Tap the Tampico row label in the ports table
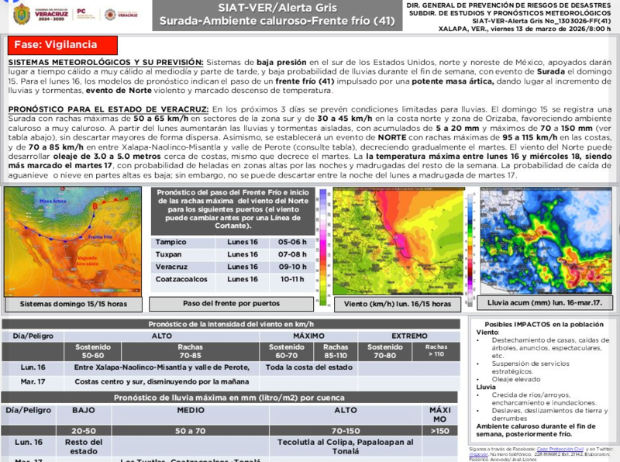pos(170,241)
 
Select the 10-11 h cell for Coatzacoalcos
pos(270,278)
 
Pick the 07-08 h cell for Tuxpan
pos(270,253)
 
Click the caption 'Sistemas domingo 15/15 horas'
pos(74,304)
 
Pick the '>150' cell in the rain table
pos(439,429)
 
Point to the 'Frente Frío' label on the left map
pos(104,235)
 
